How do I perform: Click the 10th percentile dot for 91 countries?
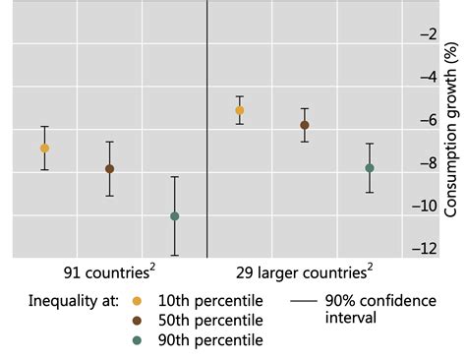coord(44,148)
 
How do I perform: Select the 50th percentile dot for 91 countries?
coord(109,169)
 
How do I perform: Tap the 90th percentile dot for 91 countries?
coord(174,215)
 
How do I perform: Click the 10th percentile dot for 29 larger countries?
coord(239,110)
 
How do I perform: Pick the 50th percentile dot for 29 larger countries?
coord(304,125)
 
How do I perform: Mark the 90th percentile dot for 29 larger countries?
coord(370,168)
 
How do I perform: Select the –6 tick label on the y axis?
coord(428,120)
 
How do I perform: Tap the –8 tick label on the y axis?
coord(428,163)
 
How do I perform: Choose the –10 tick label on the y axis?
coord(424,207)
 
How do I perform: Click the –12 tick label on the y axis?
coord(424,249)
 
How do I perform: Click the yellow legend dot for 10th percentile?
coord(136,301)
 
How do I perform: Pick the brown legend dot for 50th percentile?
coord(136,321)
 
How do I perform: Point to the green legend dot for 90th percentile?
coord(136,340)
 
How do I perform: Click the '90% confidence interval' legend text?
coord(379,310)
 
